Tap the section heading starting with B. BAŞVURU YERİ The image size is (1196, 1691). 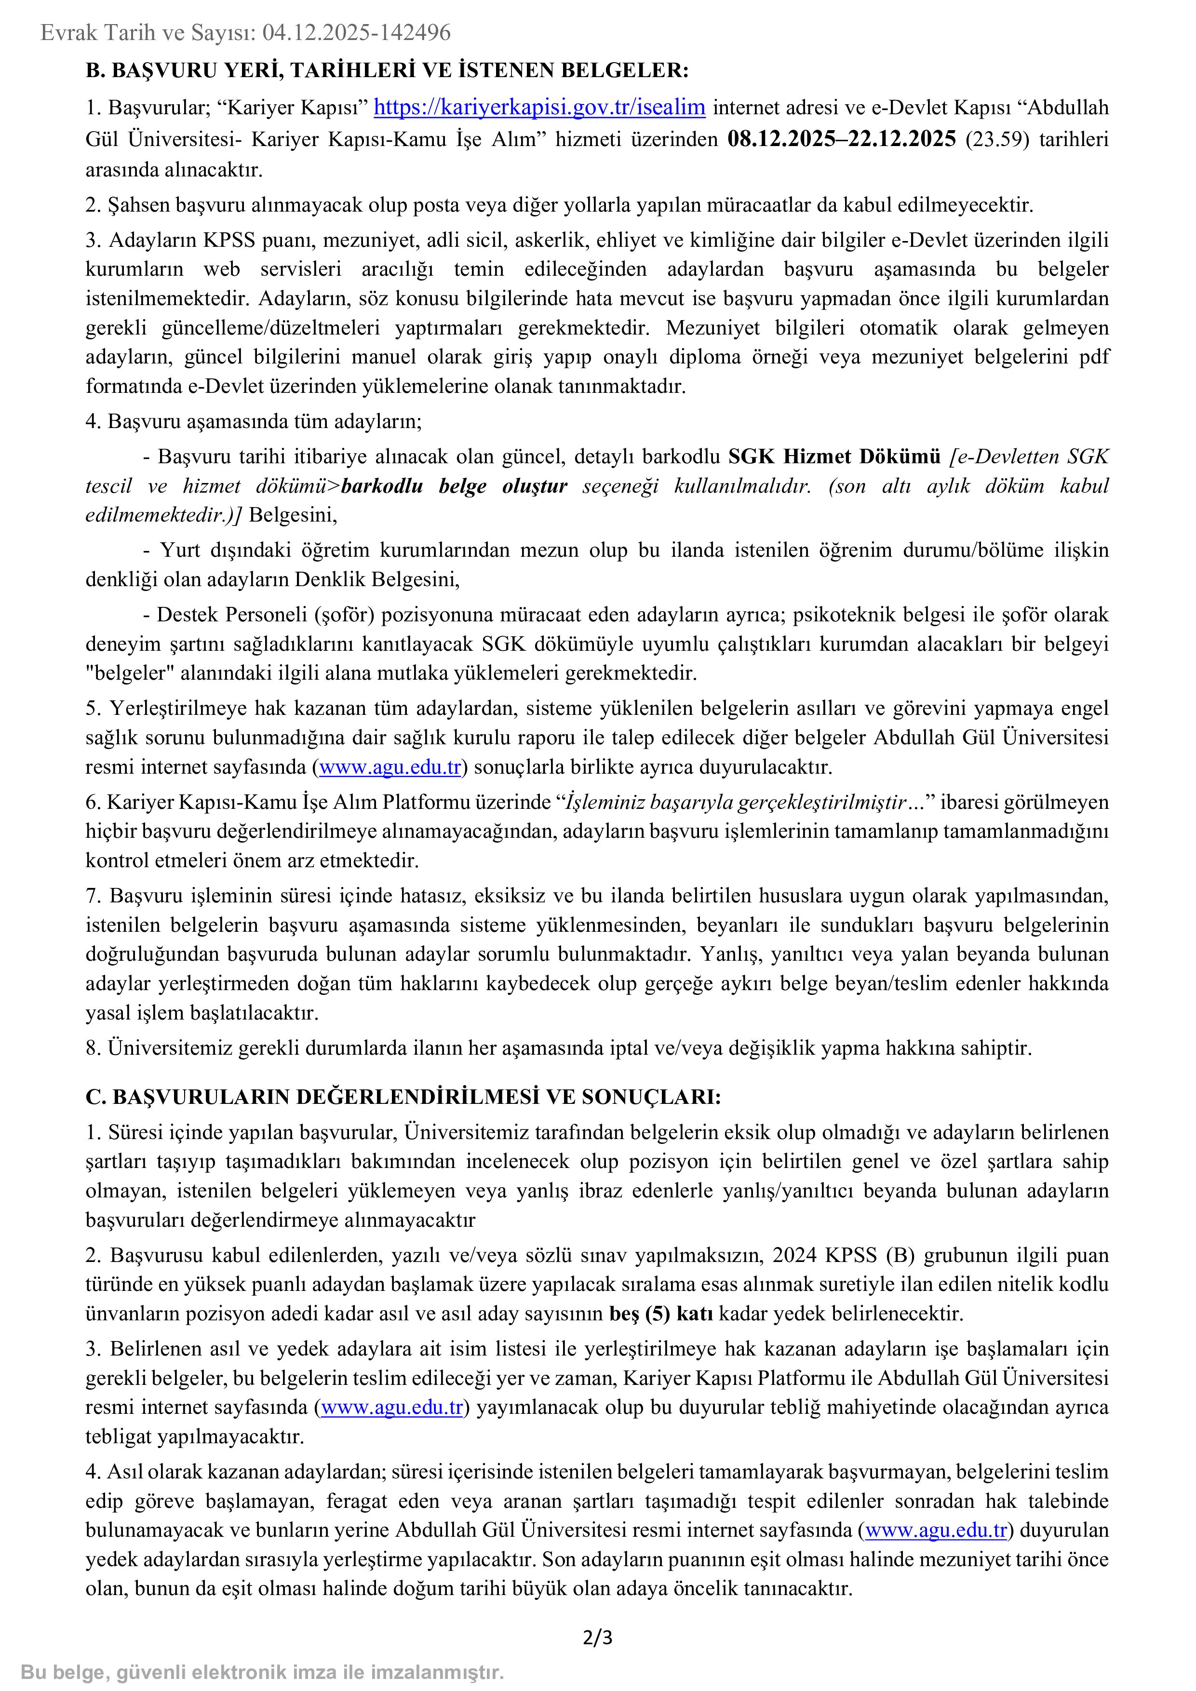pyautogui.click(x=387, y=71)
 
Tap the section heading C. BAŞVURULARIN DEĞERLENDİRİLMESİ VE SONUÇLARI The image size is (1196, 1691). pyautogui.click(x=403, y=1097)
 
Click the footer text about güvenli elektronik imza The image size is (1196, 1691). pyautogui.click(x=262, y=1672)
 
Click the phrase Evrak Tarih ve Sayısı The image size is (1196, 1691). pyautogui.click(x=148, y=32)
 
